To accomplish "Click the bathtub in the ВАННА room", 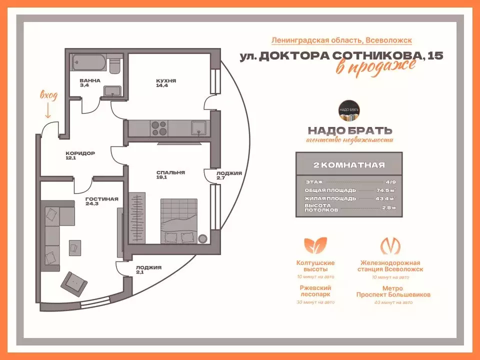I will coord(89,63).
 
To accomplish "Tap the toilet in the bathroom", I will coord(114,65).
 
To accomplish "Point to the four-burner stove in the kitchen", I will coord(159,128).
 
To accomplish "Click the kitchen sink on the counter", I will coord(198,128).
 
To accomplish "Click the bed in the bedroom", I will coord(178,221).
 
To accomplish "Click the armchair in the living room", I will coord(74,283).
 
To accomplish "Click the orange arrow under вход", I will coord(48,108).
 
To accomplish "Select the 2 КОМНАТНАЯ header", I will coord(349,164).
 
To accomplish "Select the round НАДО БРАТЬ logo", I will coord(349,111).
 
